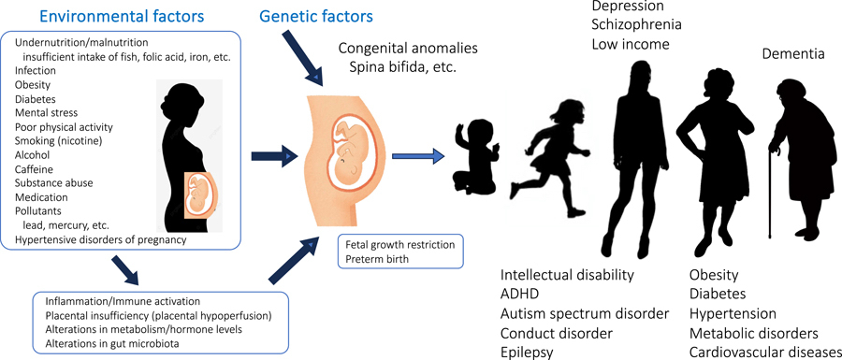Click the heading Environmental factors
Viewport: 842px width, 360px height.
tap(123, 16)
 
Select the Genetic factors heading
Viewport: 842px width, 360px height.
tap(316, 16)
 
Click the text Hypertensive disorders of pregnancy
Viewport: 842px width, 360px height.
tap(101, 239)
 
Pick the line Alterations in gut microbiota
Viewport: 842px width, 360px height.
tap(111, 343)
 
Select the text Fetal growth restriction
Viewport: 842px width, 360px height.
tap(400, 245)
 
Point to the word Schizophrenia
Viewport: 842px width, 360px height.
tap(637, 24)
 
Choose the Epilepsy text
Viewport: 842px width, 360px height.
tap(525, 353)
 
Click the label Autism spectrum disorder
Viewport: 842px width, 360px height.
tap(585, 313)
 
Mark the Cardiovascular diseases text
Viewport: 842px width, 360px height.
tap(765, 353)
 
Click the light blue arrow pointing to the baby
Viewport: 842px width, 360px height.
tap(419, 156)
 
